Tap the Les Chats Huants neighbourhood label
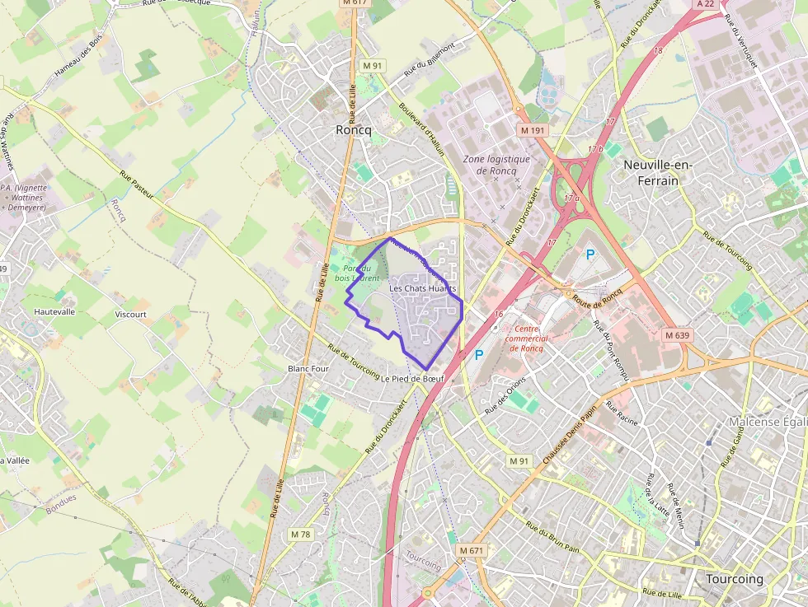pyautogui.click(x=422, y=289)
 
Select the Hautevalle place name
pyautogui.click(x=54, y=312)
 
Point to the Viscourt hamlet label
pyautogui.click(x=130, y=315)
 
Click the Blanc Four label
pyautogui.click(x=308, y=369)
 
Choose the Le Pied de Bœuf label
pyautogui.click(x=412, y=379)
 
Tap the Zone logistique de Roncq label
pyautogui.click(x=496, y=165)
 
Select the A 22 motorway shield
pyautogui.click(x=705, y=4)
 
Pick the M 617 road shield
pyautogui.click(x=354, y=2)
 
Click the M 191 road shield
pyautogui.click(x=533, y=130)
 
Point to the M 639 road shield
pyautogui.click(x=677, y=335)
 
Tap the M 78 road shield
pyautogui.click(x=301, y=535)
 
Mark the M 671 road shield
pyautogui.click(x=472, y=550)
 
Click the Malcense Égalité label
pyautogui.click(x=767, y=422)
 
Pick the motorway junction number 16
pyautogui.click(x=498, y=314)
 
